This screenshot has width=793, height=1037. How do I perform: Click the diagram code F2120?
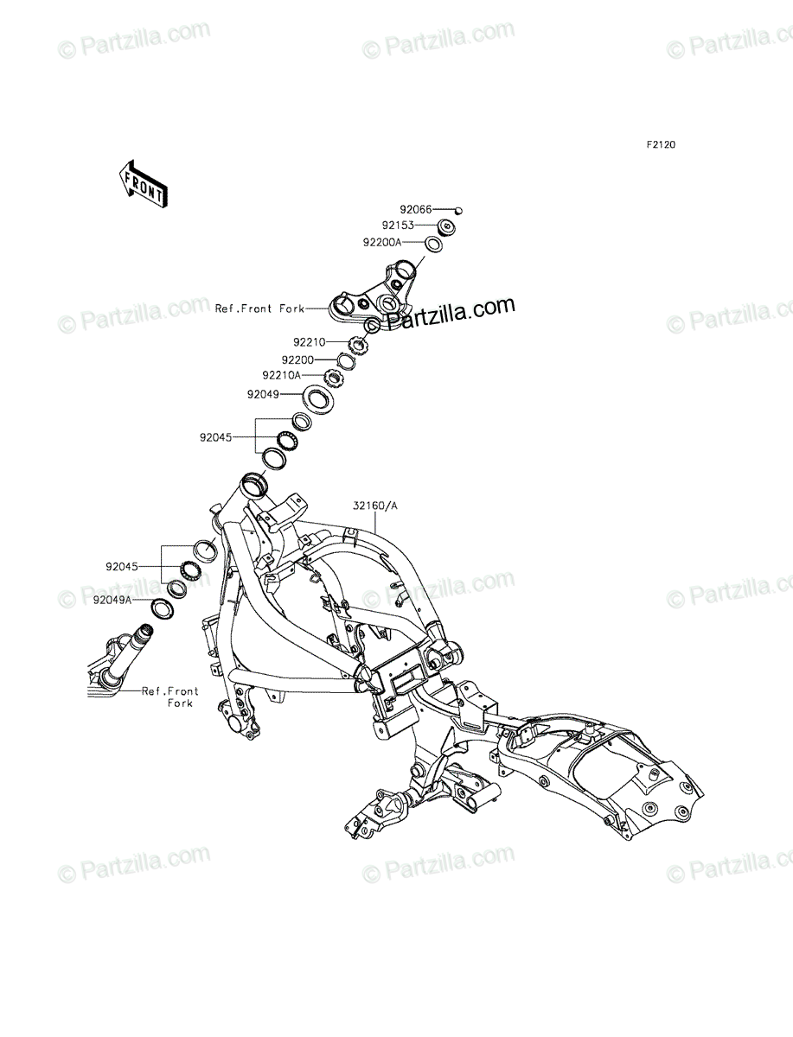(x=661, y=144)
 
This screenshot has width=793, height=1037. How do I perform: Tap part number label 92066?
(x=416, y=209)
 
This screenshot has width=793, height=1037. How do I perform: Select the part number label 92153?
(x=398, y=226)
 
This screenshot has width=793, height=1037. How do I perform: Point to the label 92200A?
(x=382, y=242)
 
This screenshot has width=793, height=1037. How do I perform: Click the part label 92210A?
(x=281, y=375)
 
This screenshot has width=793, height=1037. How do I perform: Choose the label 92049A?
(x=112, y=600)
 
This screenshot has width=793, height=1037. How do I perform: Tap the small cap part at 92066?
(x=458, y=211)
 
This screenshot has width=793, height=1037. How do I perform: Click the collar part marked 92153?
(x=446, y=228)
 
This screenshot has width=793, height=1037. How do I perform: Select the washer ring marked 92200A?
(x=434, y=245)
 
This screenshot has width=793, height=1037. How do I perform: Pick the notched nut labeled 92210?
(x=358, y=343)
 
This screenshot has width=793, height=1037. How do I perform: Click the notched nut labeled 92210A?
(x=334, y=379)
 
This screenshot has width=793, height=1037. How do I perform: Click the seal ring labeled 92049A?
(x=163, y=608)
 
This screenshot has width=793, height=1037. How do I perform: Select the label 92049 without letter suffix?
(x=263, y=394)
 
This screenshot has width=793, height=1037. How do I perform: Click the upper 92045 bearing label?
(x=215, y=438)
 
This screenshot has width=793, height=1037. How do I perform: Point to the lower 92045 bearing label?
(x=122, y=566)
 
